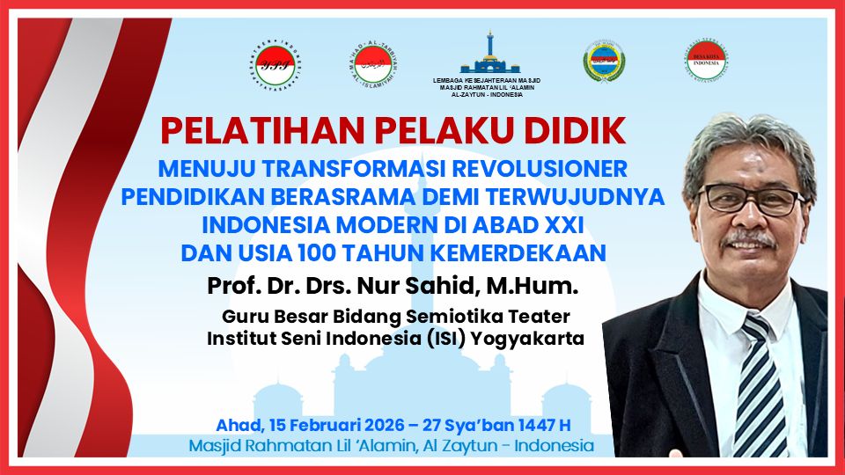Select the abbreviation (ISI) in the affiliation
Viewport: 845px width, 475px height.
click(x=445, y=337)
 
